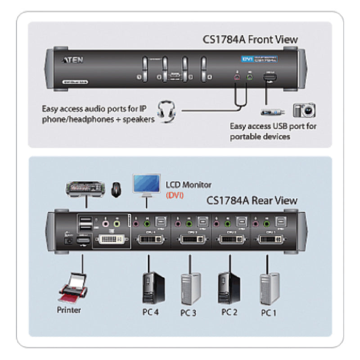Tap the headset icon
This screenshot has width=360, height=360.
pos(166,111)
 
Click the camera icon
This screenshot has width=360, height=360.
pos(304,110)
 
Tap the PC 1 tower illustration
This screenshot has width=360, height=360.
pos(270,288)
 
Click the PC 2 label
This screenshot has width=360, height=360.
pos(229,311)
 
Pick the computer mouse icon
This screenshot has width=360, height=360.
pos(116,189)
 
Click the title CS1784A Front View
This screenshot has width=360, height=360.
pos(250,40)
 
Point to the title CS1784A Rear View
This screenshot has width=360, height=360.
pos(252,200)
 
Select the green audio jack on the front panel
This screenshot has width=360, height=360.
pos(250,78)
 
